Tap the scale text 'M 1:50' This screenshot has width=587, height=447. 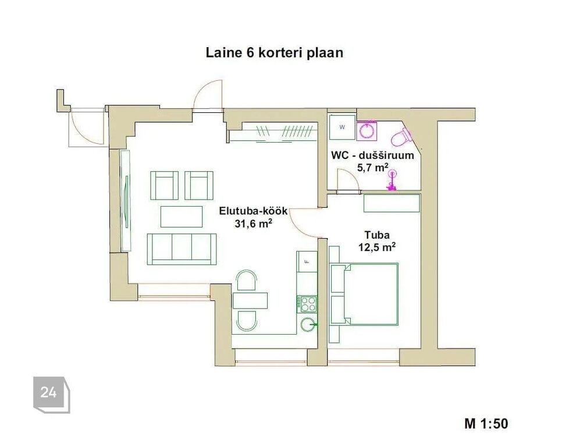point(486,424)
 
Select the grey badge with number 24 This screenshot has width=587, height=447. point(52,395)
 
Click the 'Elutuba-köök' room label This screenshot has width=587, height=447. point(253,211)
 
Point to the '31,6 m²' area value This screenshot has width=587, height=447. point(253,223)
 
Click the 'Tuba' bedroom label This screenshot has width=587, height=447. point(377,235)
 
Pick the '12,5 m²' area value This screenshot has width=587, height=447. point(377,247)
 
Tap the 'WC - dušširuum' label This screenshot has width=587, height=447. point(372,155)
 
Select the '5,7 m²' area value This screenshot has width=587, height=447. point(372,167)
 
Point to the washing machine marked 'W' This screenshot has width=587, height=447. point(342,127)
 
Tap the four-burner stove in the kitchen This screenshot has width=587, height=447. point(307,304)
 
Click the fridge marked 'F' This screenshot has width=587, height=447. point(307,262)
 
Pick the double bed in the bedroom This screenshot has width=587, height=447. point(363,294)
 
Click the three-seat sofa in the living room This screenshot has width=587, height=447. point(182,249)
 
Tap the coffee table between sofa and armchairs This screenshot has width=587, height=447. point(182,217)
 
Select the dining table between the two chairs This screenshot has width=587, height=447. point(250,300)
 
